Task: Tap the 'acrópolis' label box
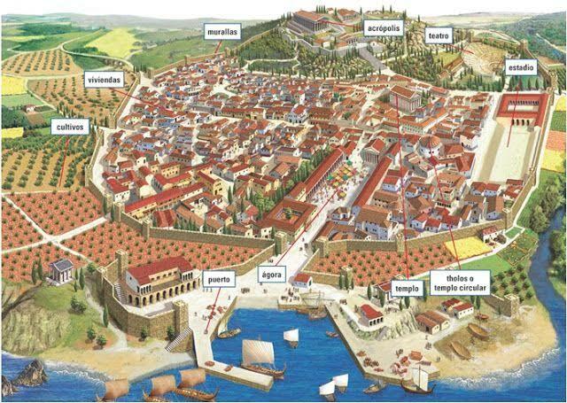pos(384,27)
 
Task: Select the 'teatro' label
pos(439,36)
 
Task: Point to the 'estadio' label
pos(520,67)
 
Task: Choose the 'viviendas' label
pos(104,80)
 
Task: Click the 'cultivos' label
pos(69,127)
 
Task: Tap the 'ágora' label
pos(271,275)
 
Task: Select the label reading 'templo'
pos(405,288)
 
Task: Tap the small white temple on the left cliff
pos(62,269)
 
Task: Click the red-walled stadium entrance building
pos(524,106)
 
